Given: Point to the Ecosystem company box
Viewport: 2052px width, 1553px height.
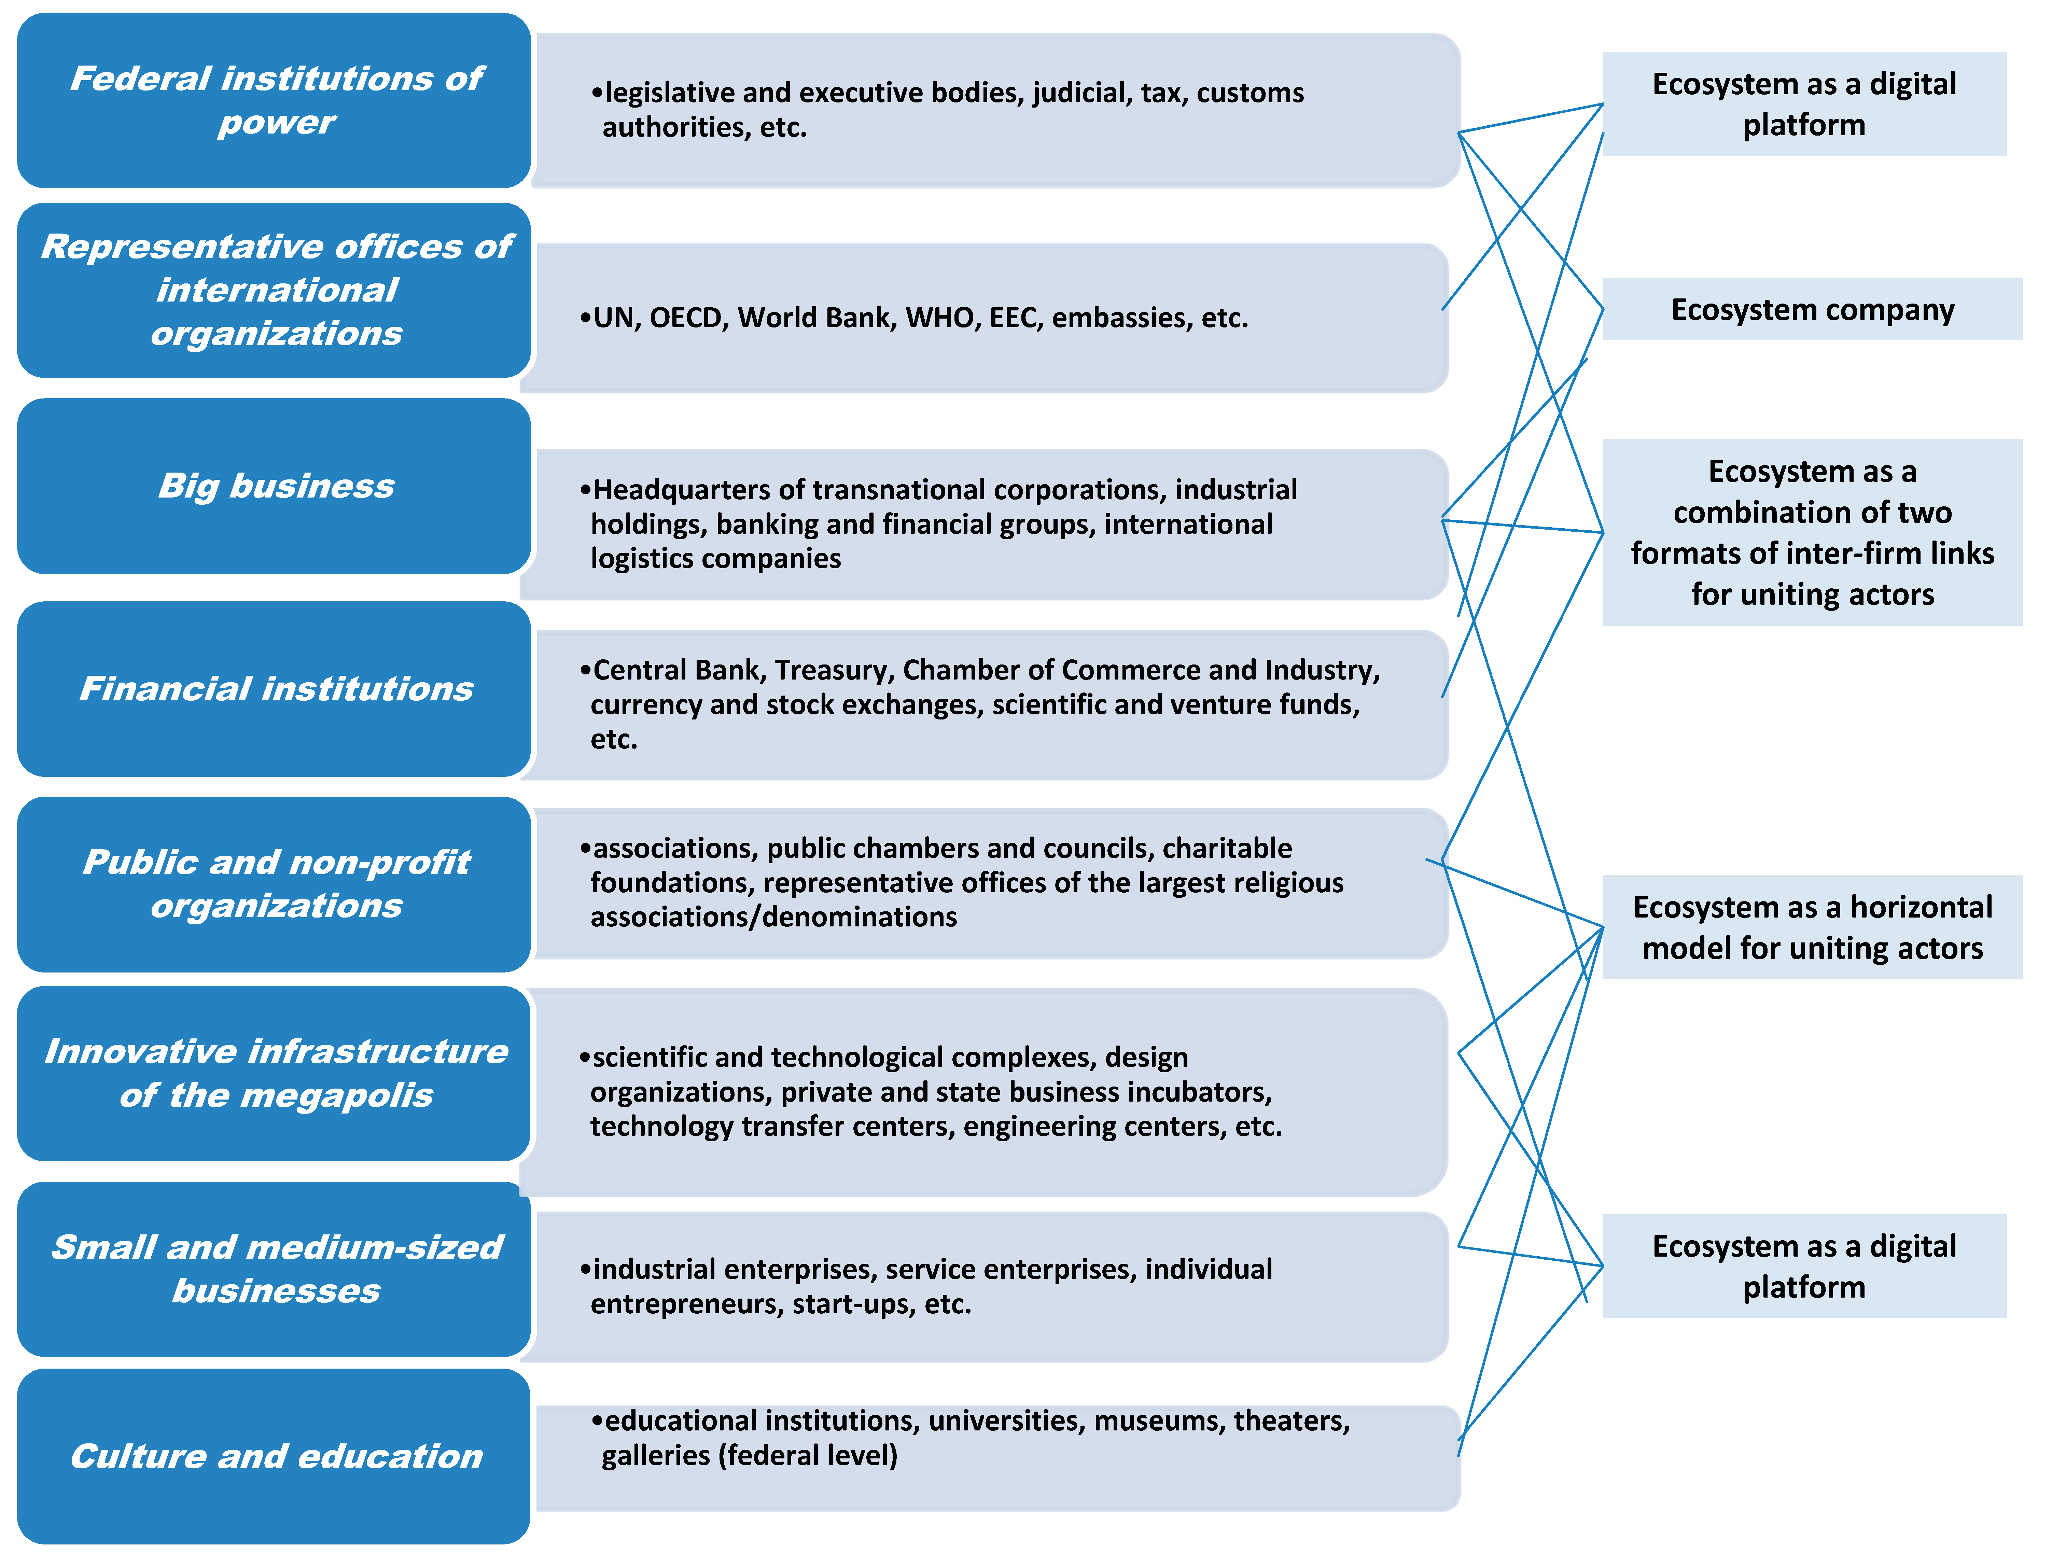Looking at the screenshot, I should point(1812,309).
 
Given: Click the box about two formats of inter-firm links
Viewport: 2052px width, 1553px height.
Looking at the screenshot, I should point(1812,532).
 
